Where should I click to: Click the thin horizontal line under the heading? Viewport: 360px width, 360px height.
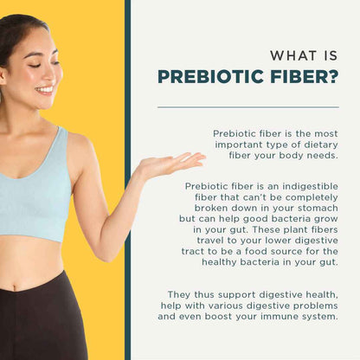pyautogui.click(x=247, y=107)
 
